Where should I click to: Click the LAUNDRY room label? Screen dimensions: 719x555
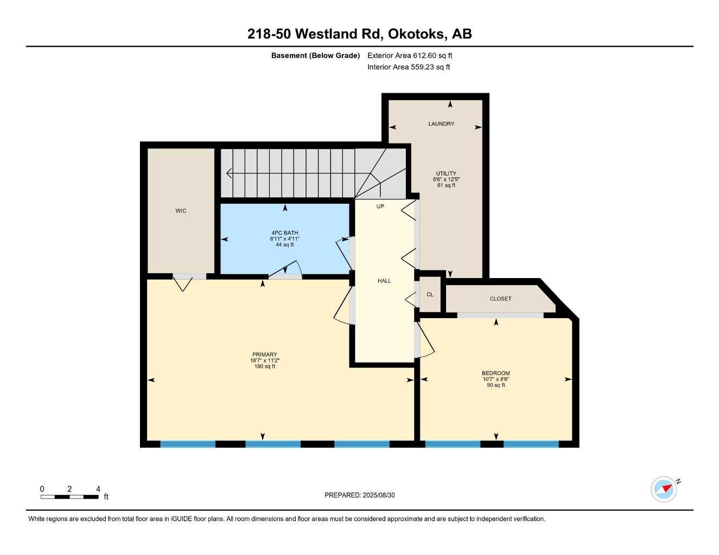pos(441,124)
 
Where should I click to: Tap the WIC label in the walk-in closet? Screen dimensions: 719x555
pos(181,211)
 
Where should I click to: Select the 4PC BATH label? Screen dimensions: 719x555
pos(284,233)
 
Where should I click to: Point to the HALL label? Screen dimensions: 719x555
pos(384,281)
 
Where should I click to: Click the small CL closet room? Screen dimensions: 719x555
pos(430,294)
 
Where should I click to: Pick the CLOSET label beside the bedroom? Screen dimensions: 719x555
pos(501,299)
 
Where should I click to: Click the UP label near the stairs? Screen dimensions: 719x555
pos(380,206)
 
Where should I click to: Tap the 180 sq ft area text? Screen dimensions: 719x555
pos(265,366)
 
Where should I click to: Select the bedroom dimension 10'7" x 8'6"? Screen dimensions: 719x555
pos(495,379)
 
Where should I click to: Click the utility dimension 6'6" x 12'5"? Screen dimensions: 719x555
pos(446,179)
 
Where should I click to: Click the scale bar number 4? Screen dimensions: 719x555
pos(98,489)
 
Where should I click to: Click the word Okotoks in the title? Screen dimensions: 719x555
pos(416,34)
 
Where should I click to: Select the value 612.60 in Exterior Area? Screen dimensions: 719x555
pos(424,55)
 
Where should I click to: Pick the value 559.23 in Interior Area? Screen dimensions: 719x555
pos(422,67)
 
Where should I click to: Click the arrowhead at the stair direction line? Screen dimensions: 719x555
pos(228,173)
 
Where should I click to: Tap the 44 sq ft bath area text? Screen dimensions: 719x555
pos(284,245)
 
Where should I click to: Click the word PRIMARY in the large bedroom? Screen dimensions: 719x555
pos(265,354)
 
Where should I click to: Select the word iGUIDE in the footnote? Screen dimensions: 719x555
pos(182,519)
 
